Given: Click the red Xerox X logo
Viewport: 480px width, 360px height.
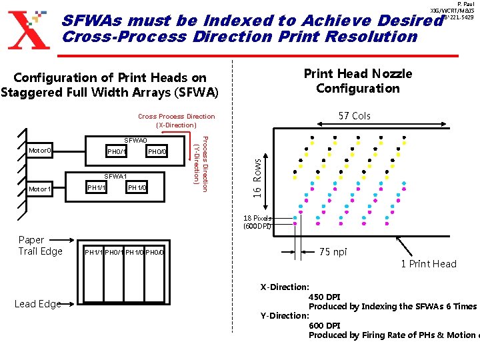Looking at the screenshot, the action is tap(29, 29).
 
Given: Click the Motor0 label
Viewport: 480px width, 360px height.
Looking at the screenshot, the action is tap(39, 151).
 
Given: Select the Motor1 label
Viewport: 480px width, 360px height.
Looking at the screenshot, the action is tap(39, 189).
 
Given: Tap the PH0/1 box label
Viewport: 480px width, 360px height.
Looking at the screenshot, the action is tap(117, 153).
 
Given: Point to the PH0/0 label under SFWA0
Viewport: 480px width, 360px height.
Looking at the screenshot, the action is tap(158, 153).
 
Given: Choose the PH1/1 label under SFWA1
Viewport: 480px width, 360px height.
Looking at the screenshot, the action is tap(97, 189).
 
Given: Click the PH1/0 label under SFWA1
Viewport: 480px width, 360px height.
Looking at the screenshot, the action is tap(137, 189).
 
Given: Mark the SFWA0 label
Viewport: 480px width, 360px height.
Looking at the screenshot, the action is tap(135, 141).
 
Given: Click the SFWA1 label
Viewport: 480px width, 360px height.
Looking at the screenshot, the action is tap(116, 177).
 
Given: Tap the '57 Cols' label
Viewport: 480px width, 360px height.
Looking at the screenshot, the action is tap(354, 116).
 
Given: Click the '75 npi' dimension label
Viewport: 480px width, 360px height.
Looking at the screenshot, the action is tap(333, 252).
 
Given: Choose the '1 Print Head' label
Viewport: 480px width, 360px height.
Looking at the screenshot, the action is tap(429, 264).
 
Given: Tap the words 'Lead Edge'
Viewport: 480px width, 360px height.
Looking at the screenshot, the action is tap(37, 304).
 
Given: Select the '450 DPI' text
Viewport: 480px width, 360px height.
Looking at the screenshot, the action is tap(325, 297).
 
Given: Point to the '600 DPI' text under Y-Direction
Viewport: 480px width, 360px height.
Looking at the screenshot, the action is tap(325, 325).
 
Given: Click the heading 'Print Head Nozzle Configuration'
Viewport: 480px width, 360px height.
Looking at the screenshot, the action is tap(358, 81).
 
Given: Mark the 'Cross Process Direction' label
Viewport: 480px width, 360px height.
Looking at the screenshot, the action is tap(177, 117).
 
